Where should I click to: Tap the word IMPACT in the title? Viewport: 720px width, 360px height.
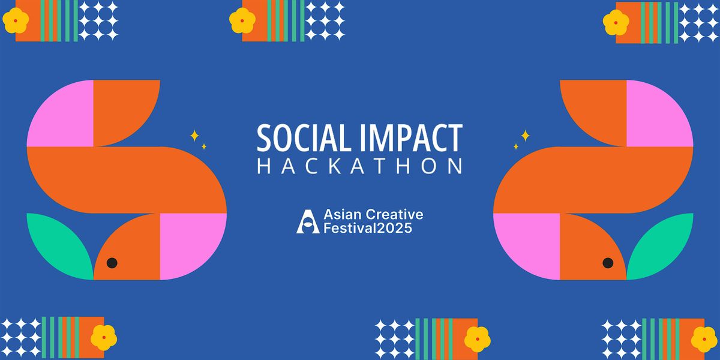tap(409, 139)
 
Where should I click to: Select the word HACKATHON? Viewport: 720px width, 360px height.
tap(360, 166)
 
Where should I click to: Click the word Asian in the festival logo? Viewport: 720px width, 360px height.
tap(341, 215)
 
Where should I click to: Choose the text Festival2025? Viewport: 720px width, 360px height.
tap(368, 229)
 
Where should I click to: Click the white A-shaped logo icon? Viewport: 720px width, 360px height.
tap(308, 221)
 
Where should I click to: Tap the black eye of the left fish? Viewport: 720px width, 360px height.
tap(112, 263)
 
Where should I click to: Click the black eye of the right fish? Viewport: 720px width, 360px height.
tap(608, 263)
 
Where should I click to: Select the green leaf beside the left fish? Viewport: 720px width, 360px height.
tap(57, 243)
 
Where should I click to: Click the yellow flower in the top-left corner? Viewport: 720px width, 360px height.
tap(16, 21)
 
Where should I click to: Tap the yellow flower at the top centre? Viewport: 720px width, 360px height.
tap(242, 21)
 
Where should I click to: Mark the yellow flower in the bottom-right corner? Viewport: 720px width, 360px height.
tap(704, 339)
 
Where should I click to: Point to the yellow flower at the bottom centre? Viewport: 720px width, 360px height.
tap(478, 339)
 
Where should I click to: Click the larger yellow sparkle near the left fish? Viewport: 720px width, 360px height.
tap(194, 136)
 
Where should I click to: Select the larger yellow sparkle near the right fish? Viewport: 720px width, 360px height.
tap(525, 136)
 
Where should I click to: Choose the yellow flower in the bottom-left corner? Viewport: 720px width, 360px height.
tap(104, 338)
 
